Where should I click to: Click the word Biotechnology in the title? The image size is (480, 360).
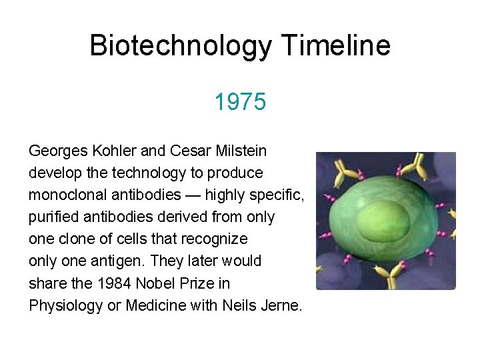pos(181,46)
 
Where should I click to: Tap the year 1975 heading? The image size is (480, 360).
pos(240,103)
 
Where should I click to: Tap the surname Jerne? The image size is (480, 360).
pos(283,305)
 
